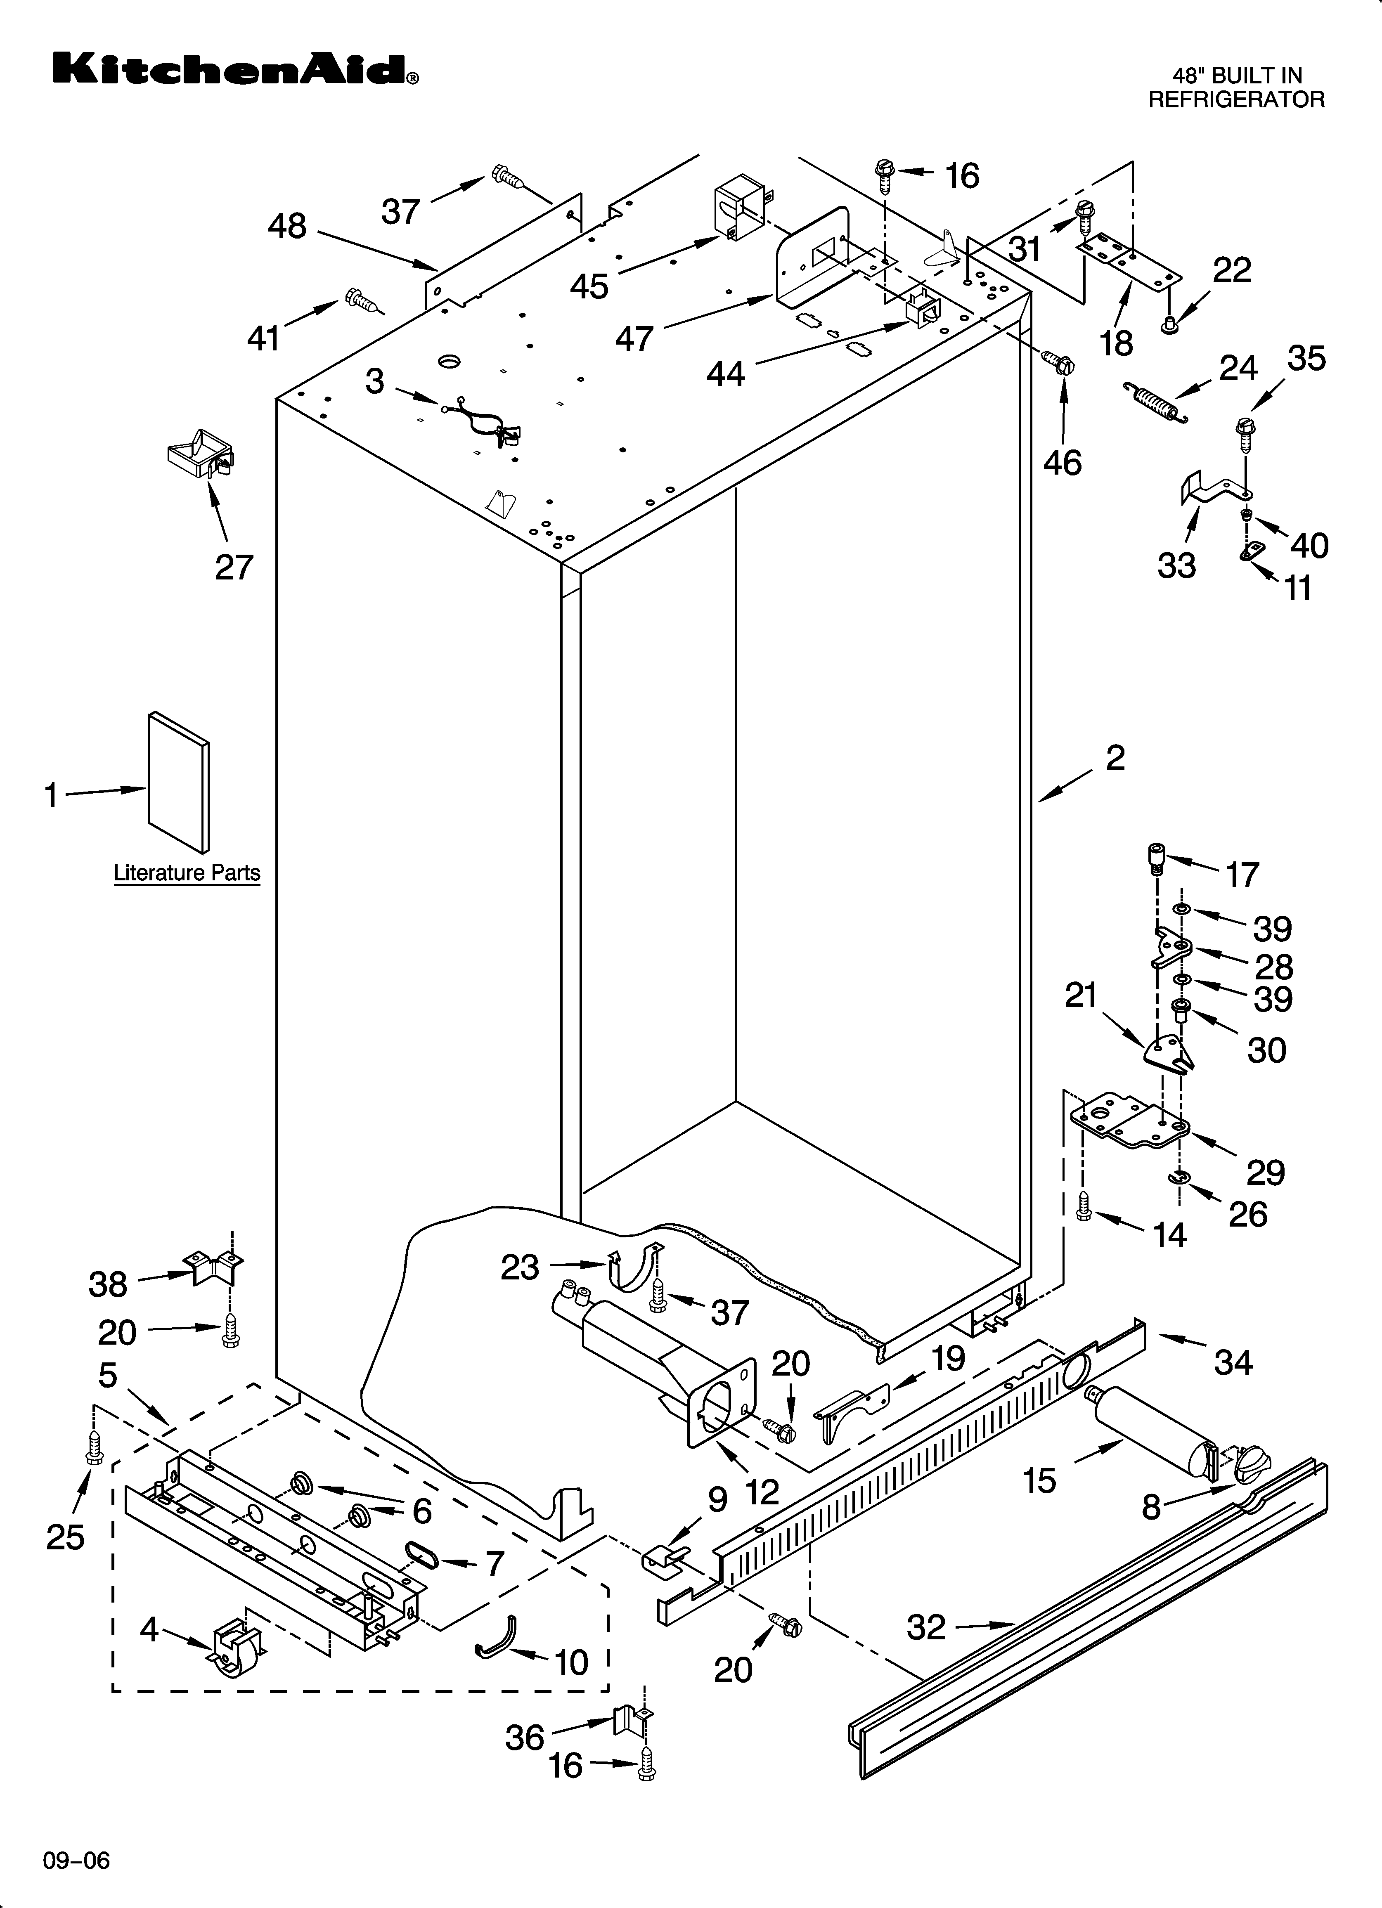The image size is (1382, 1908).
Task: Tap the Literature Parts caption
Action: pyautogui.click(x=187, y=873)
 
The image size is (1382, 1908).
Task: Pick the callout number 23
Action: pyautogui.click(x=519, y=1267)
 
